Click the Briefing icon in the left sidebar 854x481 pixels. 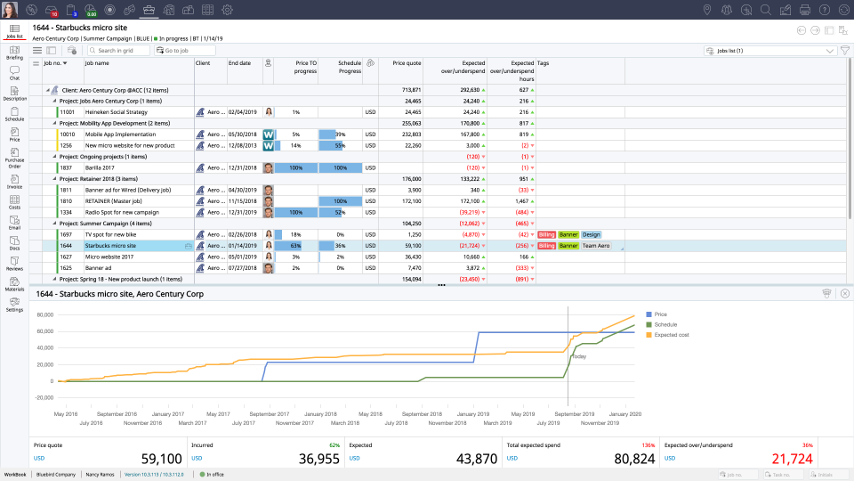tap(14, 52)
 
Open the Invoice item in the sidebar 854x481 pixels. tap(14, 182)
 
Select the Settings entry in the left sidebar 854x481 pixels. tap(14, 305)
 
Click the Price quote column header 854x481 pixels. tap(407, 63)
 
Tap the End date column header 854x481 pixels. tap(239, 63)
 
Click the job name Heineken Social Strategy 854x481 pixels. tap(117, 112)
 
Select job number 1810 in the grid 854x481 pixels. tap(66, 201)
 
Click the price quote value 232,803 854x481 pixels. tap(408, 135)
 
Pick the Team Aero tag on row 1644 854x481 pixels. tap(596, 246)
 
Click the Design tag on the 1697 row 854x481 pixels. tap(591, 234)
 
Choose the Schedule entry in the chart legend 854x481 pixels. tap(665, 325)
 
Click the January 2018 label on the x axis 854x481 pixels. tap(318, 413)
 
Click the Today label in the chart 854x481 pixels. tap(579, 356)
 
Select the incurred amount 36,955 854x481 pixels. tap(318, 459)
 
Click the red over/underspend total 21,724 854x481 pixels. tap(791, 459)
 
